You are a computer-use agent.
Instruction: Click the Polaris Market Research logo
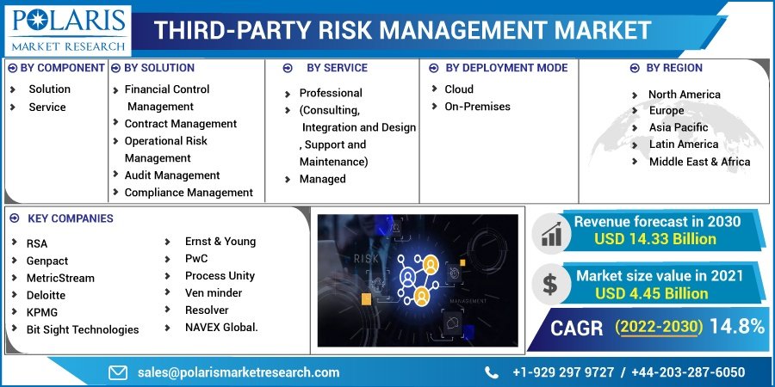pyautogui.click(x=66, y=29)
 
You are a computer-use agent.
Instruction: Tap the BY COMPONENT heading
pyautogui.click(x=62, y=68)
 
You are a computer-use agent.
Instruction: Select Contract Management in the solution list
pyautogui.click(x=180, y=124)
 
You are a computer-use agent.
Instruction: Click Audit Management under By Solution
pyautogui.click(x=171, y=175)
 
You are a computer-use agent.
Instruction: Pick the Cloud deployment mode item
pyautogui.click(x=459, y=89)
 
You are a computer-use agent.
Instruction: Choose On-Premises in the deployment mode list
pyautogui.click(x=477, y=107)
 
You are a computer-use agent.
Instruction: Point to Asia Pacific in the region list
pyautogui.click(x=679, y=128)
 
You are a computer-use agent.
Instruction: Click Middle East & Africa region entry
pyautogui.click(x=699, y=162)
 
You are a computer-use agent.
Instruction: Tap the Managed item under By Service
pyautogui.click(x=322, y=179)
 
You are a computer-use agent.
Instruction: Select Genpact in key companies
pyautogui.click(x=47, y=261)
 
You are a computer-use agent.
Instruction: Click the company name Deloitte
pyautogui.click(x=46, y=295)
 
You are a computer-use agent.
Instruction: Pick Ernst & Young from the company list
pyautogui.click(x=220, y=242)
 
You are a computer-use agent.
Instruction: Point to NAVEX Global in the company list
pyautogui.click(x=221, y=327)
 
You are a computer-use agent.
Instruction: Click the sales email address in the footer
pyautogui.click(x=239, y=372)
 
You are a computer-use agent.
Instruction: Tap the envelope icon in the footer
pyautogui.click(x=118, y=372)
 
